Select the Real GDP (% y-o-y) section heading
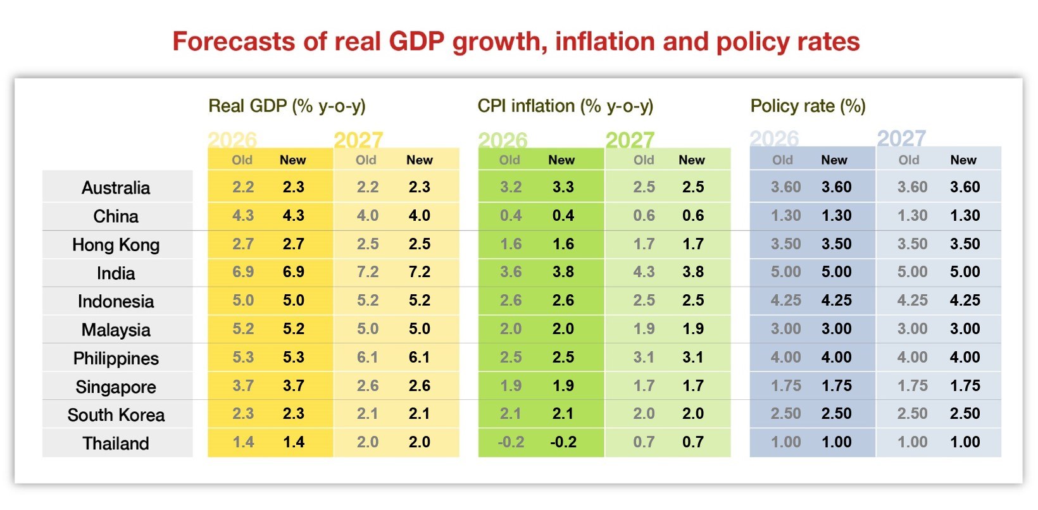tap(287, 106)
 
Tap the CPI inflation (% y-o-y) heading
tap(565, 106)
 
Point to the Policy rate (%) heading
tap(808, 106)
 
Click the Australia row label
tap(116, 188)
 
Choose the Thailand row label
tap(116, 444)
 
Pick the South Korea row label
tap(116, 415)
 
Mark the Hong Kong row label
tap(116, 245)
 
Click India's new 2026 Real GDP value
tap(293, 272)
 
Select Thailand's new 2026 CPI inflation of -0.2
tap(563, 442)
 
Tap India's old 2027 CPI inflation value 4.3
tap(644, 272)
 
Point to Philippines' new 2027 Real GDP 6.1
tap(419, 358)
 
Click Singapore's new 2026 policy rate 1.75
tap(836, 386)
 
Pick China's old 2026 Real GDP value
tap(243, 216)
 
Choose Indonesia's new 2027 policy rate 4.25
tap(965, 301)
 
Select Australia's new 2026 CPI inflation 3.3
tap(563, 187)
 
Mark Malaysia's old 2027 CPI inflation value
tap(644, 329)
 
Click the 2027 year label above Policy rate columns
tap(901, 138)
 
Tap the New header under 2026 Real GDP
tap(292, 160)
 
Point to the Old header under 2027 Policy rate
tap(909, 160)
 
